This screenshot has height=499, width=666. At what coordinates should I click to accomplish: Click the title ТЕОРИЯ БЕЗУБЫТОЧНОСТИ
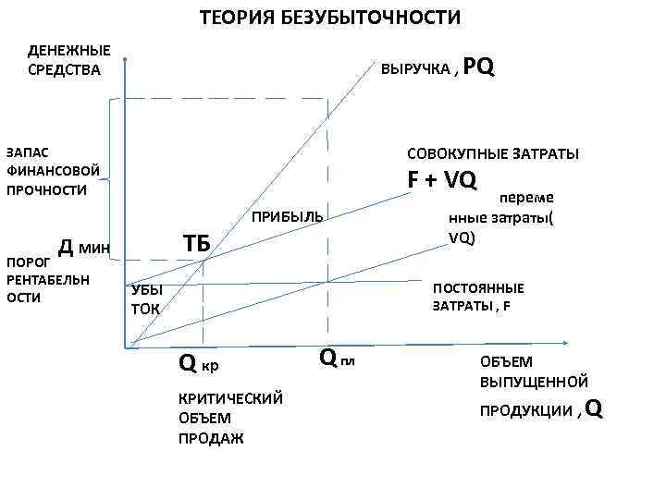[330, 18]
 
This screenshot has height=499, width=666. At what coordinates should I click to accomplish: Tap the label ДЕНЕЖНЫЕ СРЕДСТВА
[69, 59]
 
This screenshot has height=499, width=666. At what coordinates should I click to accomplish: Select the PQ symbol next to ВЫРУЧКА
[478, 67]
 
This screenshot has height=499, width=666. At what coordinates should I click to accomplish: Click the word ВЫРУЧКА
[416, 69]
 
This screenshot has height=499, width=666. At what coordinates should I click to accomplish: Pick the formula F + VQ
[442, 179]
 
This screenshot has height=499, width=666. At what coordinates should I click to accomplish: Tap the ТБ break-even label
[196, 243]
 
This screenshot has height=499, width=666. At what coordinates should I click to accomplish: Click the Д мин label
[84, 247]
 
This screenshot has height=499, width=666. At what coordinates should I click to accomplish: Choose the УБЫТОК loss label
[146, 298]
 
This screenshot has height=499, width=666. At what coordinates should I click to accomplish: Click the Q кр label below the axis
[199, 366]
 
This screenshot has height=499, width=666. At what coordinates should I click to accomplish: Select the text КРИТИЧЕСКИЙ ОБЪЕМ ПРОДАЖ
[229, 418]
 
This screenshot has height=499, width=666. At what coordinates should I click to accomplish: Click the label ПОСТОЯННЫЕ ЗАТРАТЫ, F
[478, 297]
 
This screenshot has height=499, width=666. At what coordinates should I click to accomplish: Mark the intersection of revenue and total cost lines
[203, 261]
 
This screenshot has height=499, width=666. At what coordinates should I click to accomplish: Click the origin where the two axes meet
[123, 347]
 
